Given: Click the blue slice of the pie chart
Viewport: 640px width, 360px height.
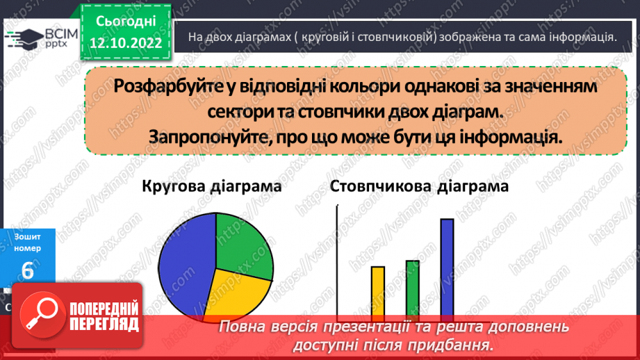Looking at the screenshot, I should click(x=182, y=268).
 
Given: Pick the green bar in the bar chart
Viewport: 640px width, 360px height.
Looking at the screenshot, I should click(x=412, y=288).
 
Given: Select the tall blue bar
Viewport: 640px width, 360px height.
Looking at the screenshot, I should click(x=447, y=268).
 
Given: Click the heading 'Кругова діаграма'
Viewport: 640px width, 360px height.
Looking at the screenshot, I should click(x=212, y=187).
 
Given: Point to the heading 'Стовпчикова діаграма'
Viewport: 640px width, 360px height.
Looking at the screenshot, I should click(x=419, y=187).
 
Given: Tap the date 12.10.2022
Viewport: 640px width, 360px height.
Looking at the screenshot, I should click(x=126, y=43).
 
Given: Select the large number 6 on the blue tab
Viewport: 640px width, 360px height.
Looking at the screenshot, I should click(x=28, y=271).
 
